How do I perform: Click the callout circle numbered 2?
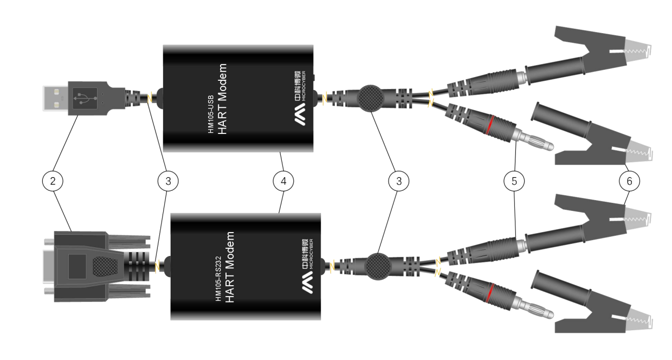coord(53,181)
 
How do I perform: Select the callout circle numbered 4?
coord(283,181)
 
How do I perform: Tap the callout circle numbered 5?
coord(514,181)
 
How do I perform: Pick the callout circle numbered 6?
coord(629,181)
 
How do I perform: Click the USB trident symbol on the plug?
coord(85,98)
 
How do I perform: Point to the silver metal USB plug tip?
coord(55,98)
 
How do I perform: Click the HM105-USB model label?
coord(211,114)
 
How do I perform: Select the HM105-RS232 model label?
coord(218,279)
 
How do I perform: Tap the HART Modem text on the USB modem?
coord(222,99)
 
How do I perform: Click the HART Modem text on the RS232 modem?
coord(229,267)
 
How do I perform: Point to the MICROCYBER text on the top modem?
coord(303,86)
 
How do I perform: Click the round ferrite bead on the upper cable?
coord(371,98)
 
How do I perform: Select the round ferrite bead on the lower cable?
coord(378,266)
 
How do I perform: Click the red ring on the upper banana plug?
coord(489,124)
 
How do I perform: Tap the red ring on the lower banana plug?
coord(489,292)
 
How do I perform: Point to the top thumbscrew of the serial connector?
coord(49,241)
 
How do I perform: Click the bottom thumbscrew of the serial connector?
coord(49,291)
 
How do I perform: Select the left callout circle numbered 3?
coord(168,181)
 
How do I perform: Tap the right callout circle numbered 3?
coord(399,181)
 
